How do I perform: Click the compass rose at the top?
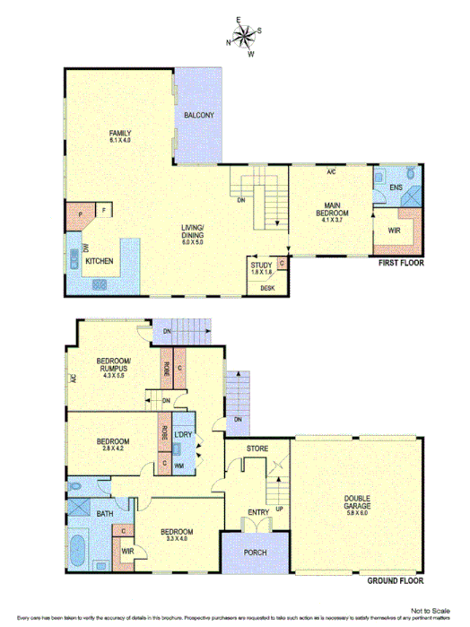(243, 36)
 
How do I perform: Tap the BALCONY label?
(198, 116)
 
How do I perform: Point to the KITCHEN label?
(99, 260)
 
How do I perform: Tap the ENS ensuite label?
(395, 187)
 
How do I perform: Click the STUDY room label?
(261, 265)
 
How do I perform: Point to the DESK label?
(266, 287)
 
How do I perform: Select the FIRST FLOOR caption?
(400, 264)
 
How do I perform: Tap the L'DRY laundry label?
(183, 435)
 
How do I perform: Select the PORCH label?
(255, 553)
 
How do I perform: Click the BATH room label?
(104, 513)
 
